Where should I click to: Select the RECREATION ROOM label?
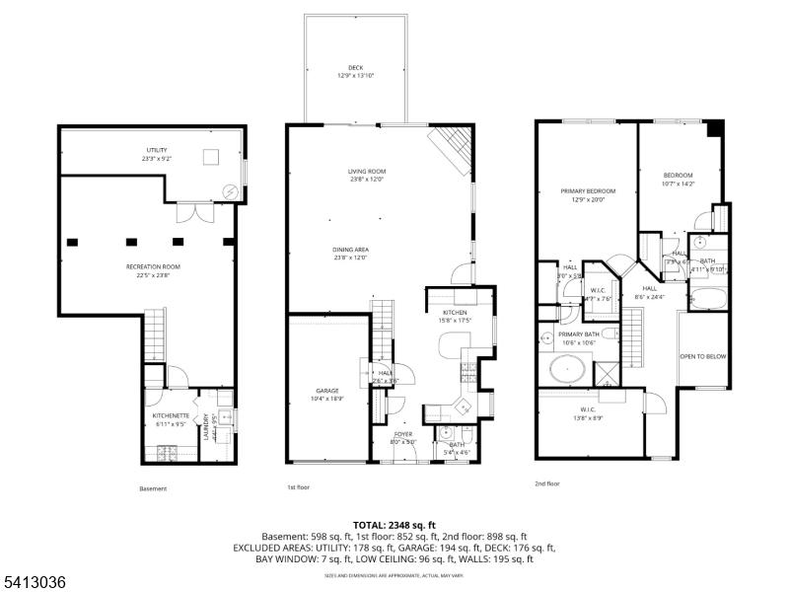(x=153, y=267)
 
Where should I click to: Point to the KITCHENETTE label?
(x=170, y=416)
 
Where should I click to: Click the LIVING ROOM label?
(x=367, y=172)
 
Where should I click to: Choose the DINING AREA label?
(x=350, y=250)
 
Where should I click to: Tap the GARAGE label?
(x=327, y=391)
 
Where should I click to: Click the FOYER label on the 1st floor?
(x=404, y=433)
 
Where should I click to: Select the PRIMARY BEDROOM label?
(x=588, y=191)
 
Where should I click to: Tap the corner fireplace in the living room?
(x=455, y=147)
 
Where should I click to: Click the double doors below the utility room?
(x=192, y=213)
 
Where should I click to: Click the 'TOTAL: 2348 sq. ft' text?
(x=394, y=524)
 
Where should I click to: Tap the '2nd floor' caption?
(x=546, y=483)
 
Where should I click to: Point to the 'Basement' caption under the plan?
(x=153, y=488)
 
